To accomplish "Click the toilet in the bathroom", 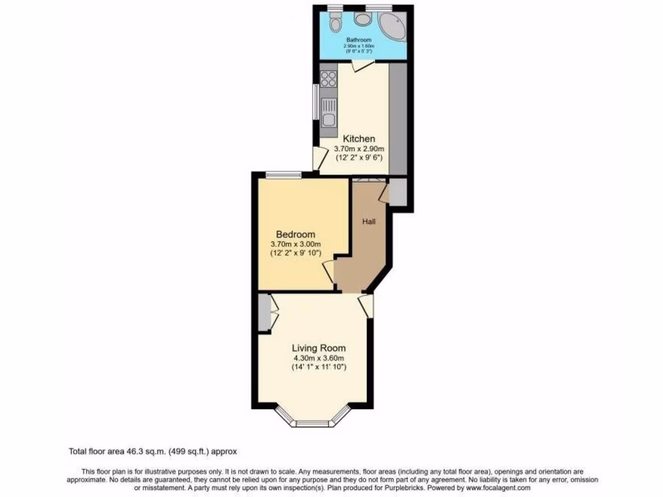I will tap(335, 24).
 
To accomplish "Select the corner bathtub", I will tap(392, 27).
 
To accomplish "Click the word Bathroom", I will tap(359, 40).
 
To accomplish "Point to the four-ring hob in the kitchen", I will tap(328, 79).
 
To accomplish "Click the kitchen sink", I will tap(328, 118).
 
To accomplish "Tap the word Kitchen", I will tap(359, 139).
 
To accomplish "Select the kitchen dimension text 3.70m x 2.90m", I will tap(359, 149).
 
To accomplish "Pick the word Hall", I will tap(369, 221).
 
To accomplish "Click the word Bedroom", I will tap(295, 234).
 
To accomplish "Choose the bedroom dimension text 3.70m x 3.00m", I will tap(295, 244).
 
